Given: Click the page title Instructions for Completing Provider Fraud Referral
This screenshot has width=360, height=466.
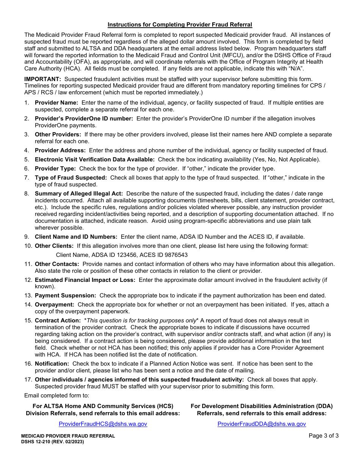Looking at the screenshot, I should click(180, 25).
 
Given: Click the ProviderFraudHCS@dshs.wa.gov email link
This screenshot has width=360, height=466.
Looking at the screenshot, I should click(103, 424).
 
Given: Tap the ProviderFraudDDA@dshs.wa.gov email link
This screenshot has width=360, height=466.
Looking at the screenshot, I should click(261, 424).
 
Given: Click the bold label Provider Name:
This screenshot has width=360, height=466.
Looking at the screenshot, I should click(56, 103).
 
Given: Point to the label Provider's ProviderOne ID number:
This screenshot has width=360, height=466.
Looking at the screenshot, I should click(84, 119).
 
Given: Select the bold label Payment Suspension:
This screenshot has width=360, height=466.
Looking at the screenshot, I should click(65, 296).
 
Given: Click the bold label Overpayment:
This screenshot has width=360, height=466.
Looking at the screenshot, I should click(55, 305).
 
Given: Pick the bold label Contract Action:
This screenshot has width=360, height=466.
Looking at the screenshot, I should click(58, 321).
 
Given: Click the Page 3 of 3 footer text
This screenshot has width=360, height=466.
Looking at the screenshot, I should click(324, 436).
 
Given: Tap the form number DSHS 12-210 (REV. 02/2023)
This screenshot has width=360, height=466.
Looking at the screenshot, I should click(53, 442).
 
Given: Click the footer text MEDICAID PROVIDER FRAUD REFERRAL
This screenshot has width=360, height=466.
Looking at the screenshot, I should click(68, 436).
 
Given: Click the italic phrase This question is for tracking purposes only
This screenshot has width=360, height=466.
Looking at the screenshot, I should click(141, 321).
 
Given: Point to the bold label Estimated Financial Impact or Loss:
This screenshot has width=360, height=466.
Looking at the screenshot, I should click(85, 280).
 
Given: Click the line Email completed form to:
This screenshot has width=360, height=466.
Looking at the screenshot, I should click(57, 396).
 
